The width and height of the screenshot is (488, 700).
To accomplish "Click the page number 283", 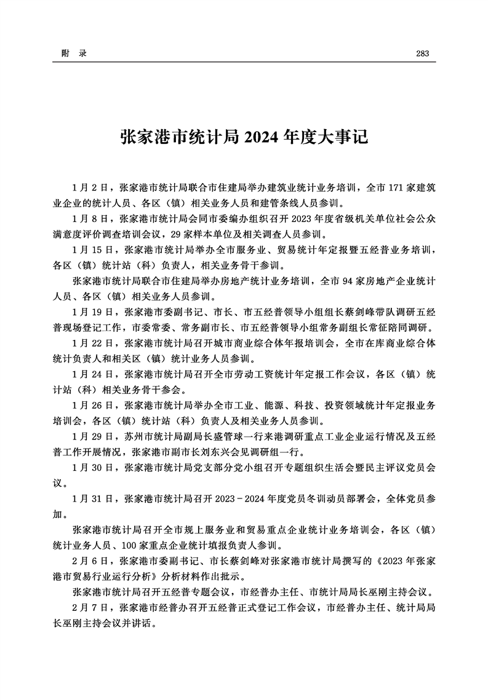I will point(422,53).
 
